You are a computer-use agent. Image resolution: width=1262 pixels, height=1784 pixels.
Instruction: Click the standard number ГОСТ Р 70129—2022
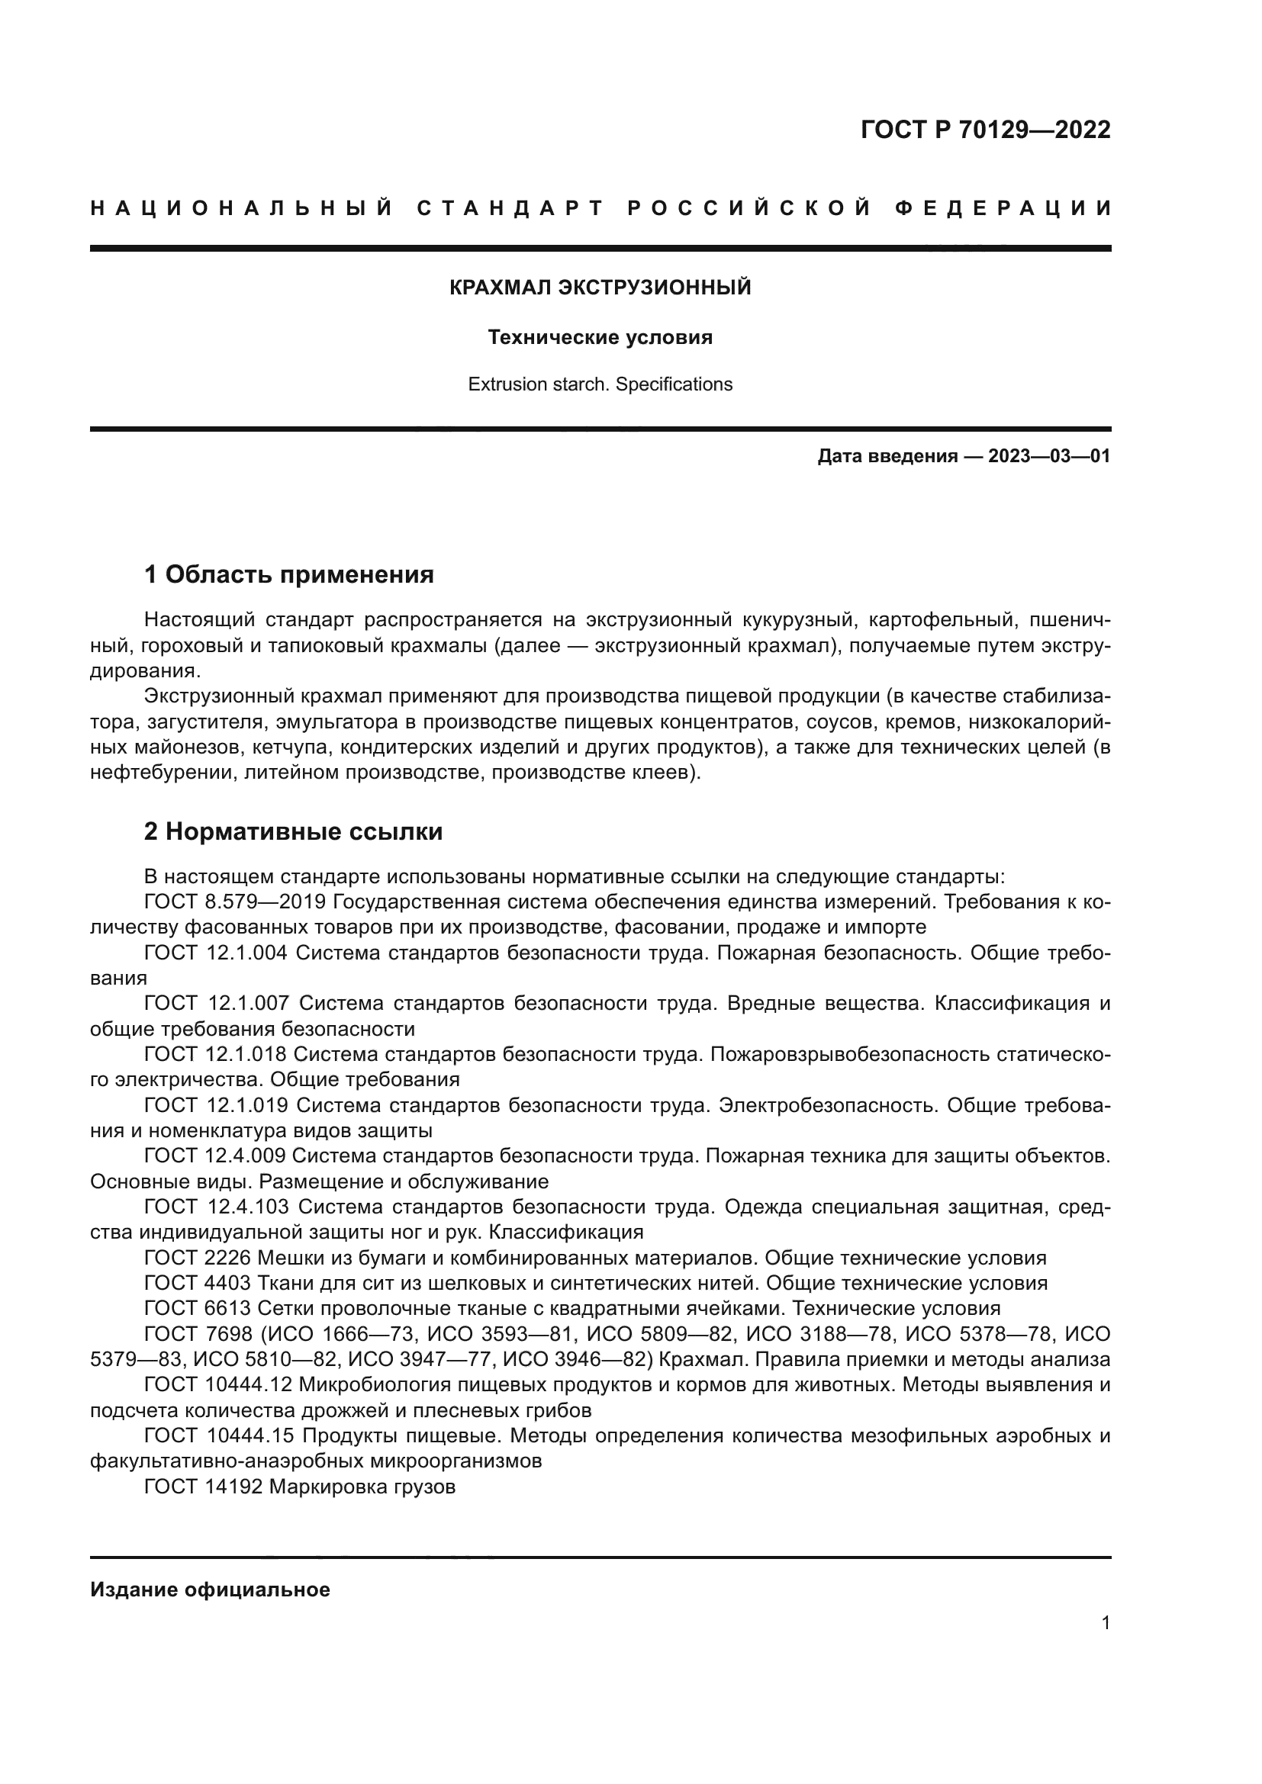coord(985,130)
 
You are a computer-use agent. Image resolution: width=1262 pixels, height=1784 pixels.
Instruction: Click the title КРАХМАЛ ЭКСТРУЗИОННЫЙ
coord(600,288)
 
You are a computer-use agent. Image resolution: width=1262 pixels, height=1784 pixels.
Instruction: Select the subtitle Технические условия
coord(600,337)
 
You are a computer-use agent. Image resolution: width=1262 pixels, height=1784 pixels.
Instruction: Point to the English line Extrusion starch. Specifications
coord(600,384)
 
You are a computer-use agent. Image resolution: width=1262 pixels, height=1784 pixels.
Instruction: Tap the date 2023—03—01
coord(1048,456)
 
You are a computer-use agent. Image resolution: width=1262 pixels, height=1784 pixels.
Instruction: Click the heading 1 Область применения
coord(288,575)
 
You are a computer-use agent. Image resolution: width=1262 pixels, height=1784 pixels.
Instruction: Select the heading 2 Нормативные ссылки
coord(293,832)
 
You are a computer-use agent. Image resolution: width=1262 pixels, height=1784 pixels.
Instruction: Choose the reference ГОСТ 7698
coord(198,1334)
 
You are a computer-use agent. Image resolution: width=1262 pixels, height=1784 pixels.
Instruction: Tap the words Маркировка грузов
coord(362,1487)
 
